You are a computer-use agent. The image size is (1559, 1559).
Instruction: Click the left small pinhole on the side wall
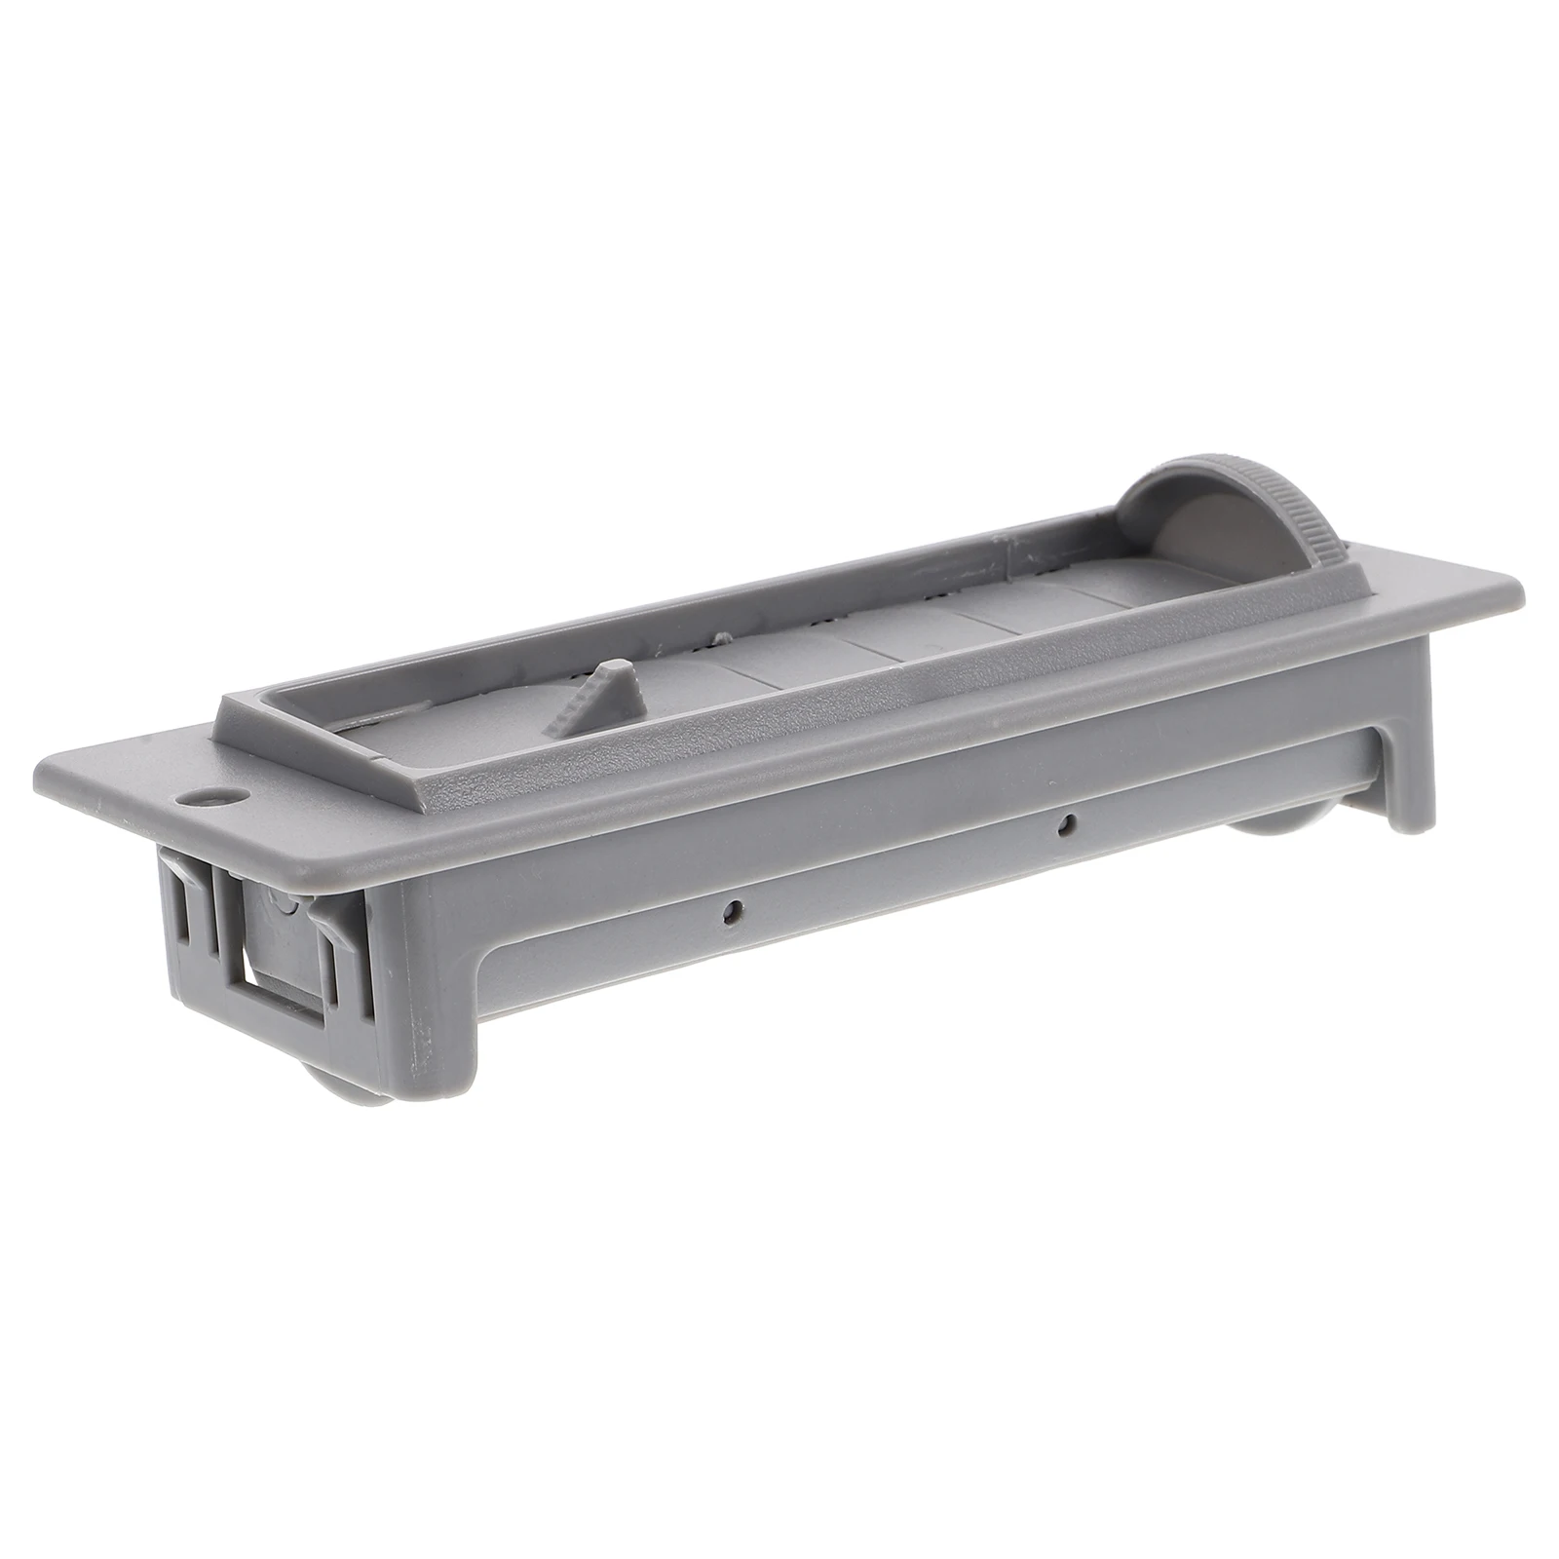coord(730,913)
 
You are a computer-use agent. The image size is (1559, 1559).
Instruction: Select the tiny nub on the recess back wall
coord(722,638)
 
